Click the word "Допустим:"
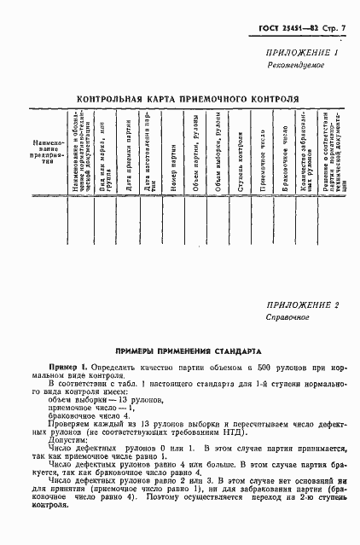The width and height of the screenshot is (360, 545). (67, 442)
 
